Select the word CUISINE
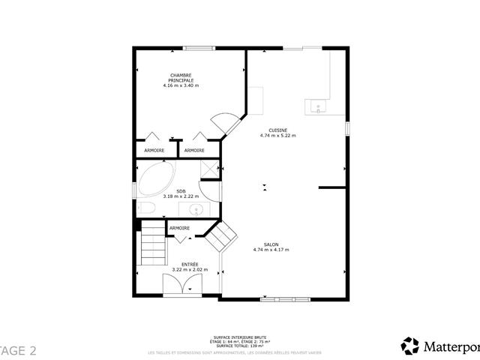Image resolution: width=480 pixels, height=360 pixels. coord(277,130)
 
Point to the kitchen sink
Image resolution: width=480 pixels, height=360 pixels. coord(318,108)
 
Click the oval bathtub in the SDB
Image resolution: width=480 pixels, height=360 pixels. coord(155,180)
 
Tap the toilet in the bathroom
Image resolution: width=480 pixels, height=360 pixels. coord(146,208)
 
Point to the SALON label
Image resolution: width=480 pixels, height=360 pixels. coord(271,244)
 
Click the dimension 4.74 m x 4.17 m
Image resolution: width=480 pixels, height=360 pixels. coord(271,250)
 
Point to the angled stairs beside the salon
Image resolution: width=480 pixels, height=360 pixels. coord(220,238)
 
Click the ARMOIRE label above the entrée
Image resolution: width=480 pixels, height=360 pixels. coord(179,228)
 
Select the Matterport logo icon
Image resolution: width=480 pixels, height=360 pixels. coord(410,346)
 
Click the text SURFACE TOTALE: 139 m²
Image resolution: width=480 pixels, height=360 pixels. coord(239,346)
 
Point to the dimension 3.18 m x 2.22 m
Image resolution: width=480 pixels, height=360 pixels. coord(181,196)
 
